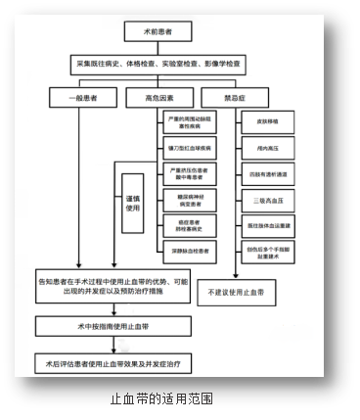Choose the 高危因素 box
pos(159,98)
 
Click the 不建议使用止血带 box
pos(238,293)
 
